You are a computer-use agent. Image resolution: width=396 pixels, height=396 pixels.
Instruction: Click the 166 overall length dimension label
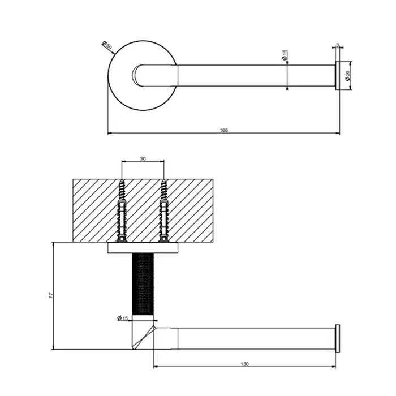[x=224, y=130]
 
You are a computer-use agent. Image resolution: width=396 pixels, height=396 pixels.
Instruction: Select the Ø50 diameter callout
[x=107, y=45]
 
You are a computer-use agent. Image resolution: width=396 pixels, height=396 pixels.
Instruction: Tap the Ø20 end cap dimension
[x=348, y=75]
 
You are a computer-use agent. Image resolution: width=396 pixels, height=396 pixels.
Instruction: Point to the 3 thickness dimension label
[x=338, y=45]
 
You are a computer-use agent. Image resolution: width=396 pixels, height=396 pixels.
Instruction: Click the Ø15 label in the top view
[x=285, y=55]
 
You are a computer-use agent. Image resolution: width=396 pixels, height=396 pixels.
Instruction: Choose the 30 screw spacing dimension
[x=143, y=158]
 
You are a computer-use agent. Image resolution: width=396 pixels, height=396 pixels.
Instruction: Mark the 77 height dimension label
[x=51, y=296]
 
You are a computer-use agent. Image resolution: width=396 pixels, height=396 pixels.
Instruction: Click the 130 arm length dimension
[x=244, y=364]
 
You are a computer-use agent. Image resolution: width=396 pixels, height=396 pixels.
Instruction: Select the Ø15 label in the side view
[x=123, y=318]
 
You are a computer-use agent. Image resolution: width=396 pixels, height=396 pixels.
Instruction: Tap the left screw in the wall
[x=122, y=210]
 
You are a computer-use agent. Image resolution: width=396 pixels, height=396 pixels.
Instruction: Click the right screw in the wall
[x=164, y=210]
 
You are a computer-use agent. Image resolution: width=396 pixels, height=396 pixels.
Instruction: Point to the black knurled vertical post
[x=143, y=283]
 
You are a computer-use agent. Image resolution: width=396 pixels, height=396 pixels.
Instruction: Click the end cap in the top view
[x=338, y=75]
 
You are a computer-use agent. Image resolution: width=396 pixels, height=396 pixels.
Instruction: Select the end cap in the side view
[x=338, y=338]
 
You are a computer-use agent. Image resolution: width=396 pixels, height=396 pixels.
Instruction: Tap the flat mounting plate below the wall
[x=143, y=248]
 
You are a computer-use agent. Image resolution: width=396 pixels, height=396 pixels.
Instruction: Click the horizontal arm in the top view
[x=257, y=75]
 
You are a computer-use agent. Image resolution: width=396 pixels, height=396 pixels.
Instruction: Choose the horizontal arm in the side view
[x=257, y=338]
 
